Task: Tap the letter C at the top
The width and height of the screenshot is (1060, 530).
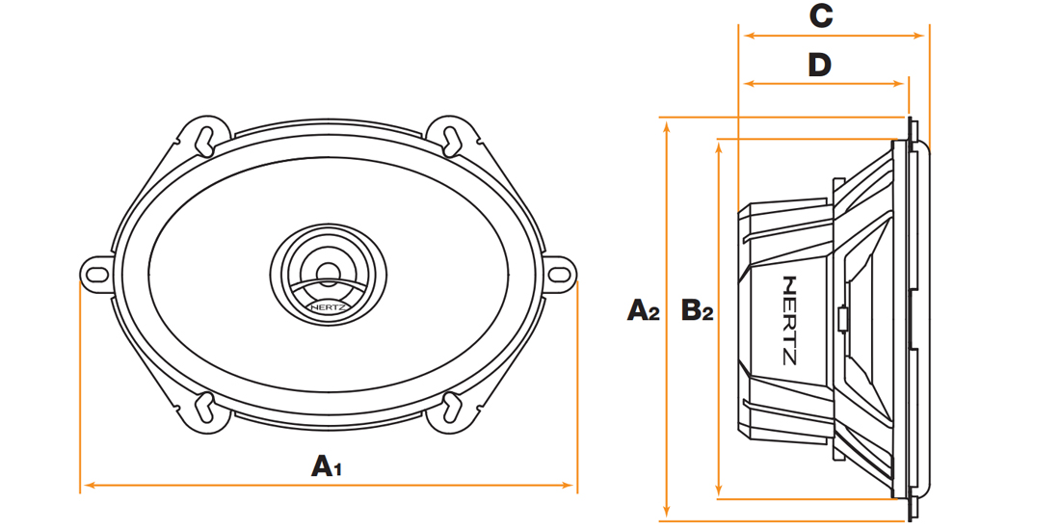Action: [x=821, y=17]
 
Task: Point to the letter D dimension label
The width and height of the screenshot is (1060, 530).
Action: [x=819, y=66]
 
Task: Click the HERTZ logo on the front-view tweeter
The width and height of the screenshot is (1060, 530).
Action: [x=330, y=306]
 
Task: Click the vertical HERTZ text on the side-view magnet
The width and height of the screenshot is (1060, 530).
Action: [x=789, y=320]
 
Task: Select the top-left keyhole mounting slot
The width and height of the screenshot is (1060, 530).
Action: [x=204, y=137]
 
